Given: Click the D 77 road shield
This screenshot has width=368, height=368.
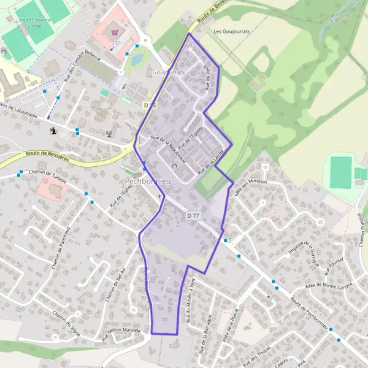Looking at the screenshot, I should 193,215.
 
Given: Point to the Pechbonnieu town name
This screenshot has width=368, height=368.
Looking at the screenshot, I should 150,182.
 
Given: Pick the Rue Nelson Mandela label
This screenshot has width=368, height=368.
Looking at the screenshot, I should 121,332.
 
